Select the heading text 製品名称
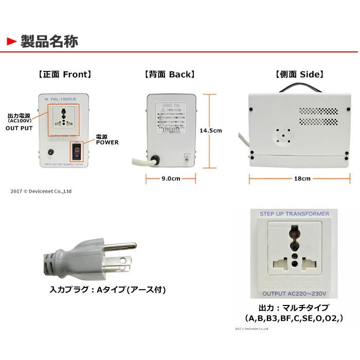point(49,42)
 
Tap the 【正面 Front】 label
point(65,75)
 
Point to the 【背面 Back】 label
point(170,75)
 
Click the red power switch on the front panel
point(76,151)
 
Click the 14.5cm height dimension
point(211,131)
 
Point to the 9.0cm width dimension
point(169,179)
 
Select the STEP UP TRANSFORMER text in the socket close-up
point(295,213)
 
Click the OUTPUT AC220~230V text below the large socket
point(295,294)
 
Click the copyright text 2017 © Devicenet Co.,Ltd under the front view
point(41,191)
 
